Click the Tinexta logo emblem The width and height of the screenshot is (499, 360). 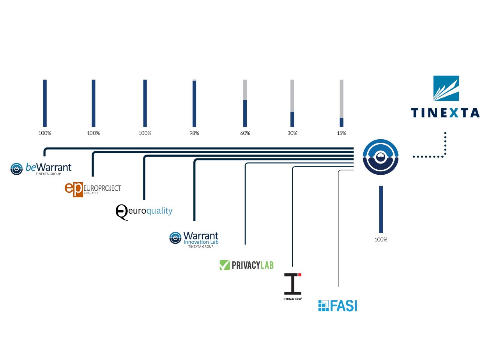tap(446, 88)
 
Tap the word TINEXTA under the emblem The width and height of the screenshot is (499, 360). tap(446, 113)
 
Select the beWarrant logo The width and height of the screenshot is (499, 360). tap(41, 168)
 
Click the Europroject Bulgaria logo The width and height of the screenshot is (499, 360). tap(93, 189)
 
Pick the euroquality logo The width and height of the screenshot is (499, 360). tap(144, 211)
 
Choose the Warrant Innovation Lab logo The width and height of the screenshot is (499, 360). tap(194, 238)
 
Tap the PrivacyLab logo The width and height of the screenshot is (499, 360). tap(246, 265)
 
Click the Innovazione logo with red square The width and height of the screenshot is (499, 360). tap(293, 286)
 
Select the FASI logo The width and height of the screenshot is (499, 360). tap(338, 306)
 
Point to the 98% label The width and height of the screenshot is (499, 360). tap(194, 133)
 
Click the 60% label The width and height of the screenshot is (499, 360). tap(245, 133)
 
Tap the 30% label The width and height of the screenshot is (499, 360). tap(292, 133)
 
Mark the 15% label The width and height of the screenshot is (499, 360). tap(342, 133)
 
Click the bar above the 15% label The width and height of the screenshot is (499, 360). tap(342, 103)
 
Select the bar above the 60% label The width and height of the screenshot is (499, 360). tap(245, 103)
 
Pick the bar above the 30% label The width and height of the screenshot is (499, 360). tap(292, 103)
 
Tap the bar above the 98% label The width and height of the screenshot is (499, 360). tap(194, 103)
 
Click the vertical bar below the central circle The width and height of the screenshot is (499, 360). tap(381, 209)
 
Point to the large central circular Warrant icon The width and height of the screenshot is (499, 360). tap(380, 157)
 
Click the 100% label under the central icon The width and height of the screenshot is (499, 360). tap(381, 239)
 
